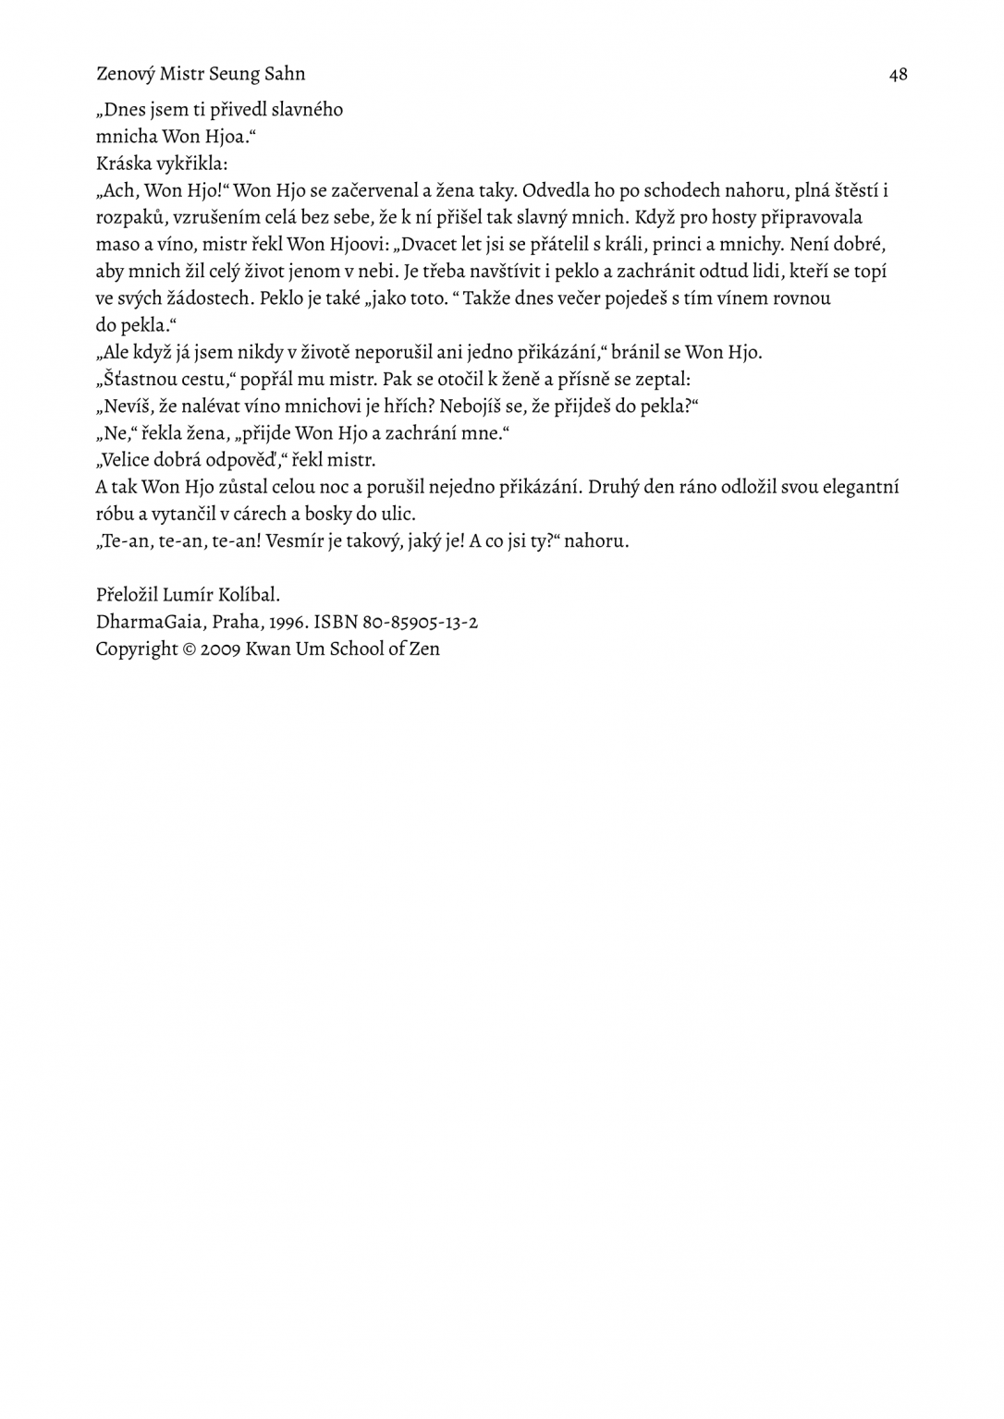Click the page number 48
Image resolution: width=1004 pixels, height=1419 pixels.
tap(898, 75)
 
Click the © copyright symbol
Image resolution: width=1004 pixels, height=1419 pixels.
tap(190, 649)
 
